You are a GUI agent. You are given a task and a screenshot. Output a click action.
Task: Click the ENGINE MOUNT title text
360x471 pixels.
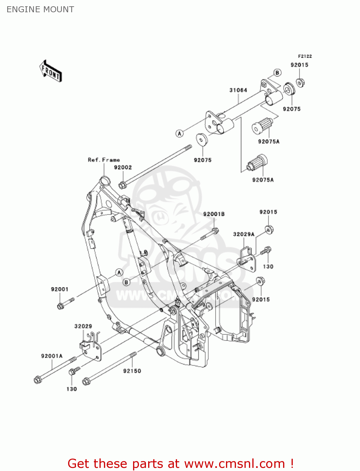click(x=40, y=9)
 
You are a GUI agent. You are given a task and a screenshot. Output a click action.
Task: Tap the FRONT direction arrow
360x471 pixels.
click(x=51, y=71)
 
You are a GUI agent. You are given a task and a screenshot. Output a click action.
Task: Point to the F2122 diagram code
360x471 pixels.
click(x=305, y=56)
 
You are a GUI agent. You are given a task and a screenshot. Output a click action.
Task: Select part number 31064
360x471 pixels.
click(x=238, y=90)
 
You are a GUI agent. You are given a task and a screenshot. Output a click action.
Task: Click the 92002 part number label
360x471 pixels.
click(x=123, y=167)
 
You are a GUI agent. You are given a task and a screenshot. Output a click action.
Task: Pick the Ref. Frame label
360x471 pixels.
click(x=104, y=160)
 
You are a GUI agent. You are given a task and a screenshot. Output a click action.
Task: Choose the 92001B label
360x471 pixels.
click(x=214, y=214)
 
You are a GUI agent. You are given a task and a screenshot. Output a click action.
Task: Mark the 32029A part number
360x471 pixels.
click(x=244, y=234)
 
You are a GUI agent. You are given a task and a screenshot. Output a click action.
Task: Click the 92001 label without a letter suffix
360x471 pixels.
click(x=60, y=289)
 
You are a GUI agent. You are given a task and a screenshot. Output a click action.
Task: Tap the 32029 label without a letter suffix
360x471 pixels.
click(x=83, y=326)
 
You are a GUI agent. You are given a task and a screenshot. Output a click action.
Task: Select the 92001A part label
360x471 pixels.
click(x=52, y=356)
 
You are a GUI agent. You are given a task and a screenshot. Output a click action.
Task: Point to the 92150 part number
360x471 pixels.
click(x=132, y=371)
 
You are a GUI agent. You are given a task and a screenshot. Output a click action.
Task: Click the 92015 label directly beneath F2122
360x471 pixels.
click(x=299, y=65)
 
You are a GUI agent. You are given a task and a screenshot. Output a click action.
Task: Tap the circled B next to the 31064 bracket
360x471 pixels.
click(x=277, y=73)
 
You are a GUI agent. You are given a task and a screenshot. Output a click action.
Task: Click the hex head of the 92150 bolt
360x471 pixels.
click(x=86, y=382)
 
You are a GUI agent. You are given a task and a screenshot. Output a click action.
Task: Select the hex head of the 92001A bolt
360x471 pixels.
click(x=37, y=380)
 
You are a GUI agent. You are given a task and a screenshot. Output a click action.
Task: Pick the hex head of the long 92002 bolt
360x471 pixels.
click(x=122, y=185)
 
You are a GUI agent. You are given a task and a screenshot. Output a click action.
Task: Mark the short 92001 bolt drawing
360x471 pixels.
click(x=65, y=303)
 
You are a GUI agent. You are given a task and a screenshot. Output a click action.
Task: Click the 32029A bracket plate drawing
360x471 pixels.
click(x=247, y=260)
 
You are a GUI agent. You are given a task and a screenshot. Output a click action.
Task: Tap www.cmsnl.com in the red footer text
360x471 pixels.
click(x=234, y=464)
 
